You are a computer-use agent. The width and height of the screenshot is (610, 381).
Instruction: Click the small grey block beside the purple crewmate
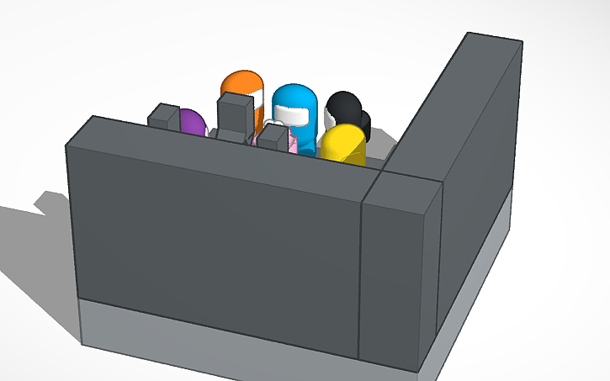click(162, 115)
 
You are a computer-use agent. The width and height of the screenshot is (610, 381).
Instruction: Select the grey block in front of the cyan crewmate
click(271, 136)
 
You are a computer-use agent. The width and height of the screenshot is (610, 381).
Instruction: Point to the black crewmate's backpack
click(363, 124)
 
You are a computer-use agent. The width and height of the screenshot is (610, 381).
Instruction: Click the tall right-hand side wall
click(475, 168)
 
